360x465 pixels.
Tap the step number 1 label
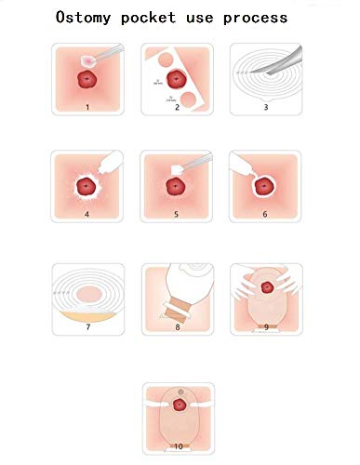[87, 106]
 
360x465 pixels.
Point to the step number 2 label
[177, 107]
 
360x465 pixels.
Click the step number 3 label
[267, 107]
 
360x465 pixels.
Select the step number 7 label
[87, 327]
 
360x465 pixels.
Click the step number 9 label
[267, 327]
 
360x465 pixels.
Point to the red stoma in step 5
[176, 187]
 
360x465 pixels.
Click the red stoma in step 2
[173, 77]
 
